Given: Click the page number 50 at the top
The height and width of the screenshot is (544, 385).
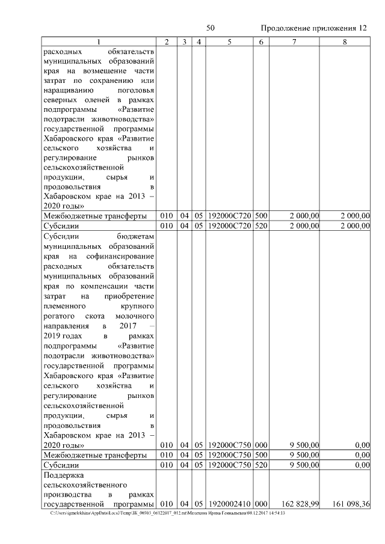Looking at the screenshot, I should [x=211, y=28].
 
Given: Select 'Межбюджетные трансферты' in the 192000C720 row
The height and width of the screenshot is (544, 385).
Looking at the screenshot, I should [x=95, y=216].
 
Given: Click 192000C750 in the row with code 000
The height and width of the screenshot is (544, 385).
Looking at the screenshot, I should [x=230, y=445].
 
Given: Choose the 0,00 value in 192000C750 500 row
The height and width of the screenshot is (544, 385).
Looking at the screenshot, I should [x=362, y=455].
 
